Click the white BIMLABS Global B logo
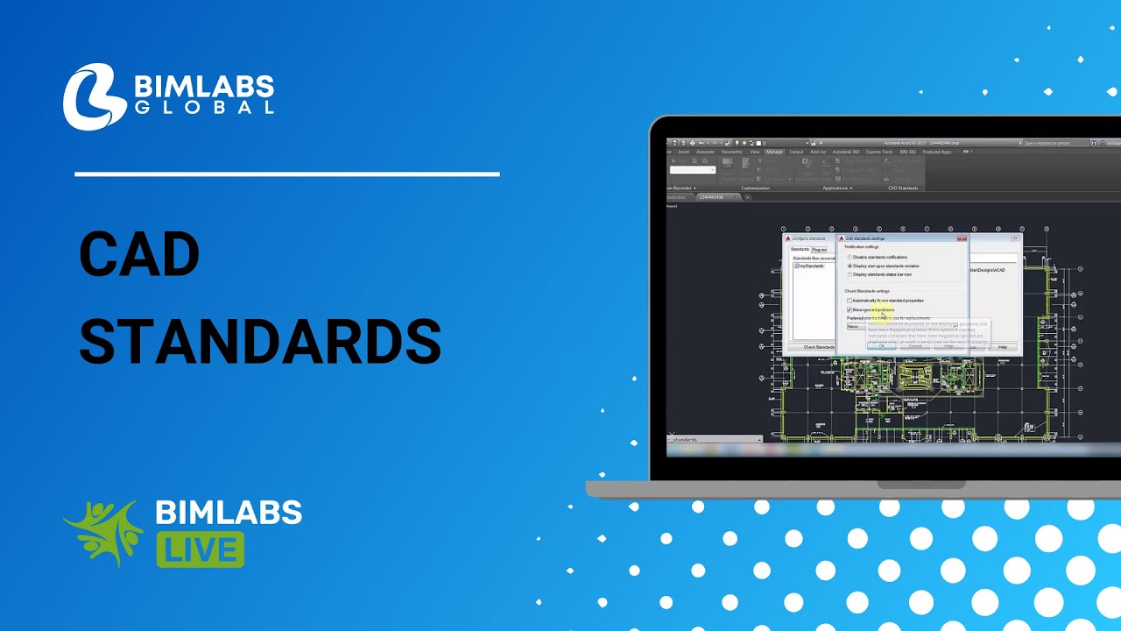pyautogui.click(x=95, y=96)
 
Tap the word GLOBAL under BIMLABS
pyautogui.click(x=204, y=108)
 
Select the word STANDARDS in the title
pyautogui.click(x=260, y=341)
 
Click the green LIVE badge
pyautogui.click(x=201, y=549)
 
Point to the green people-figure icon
pyautogui.click(x=103, y=532)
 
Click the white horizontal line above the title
pyautogui.click(x=287, y=174)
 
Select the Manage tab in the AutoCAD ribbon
pyautogui.click(x=774, y=152)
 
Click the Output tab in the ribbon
pyautogui.click(x=796, y=152)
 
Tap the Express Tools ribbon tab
pyautogui.click(x=879, y=152)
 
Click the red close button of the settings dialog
pyautogui.click(x=962, y=238)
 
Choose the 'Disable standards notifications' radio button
pyautogui.click(x=850, y=257)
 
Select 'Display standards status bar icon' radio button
pyautogui.click(x=850, y=274)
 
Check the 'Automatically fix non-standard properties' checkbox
pyautogui.click(x=850, y=301)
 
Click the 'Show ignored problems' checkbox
pyautogui.click(x=850, y=309)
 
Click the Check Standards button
pyautogui.click(x=819, y=347)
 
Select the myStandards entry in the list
pyautogui.click(x=811, y=266)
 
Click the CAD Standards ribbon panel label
pyautogui.click(x=903, y=188)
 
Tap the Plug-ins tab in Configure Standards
pyautogui.click(x=819, y=250)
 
